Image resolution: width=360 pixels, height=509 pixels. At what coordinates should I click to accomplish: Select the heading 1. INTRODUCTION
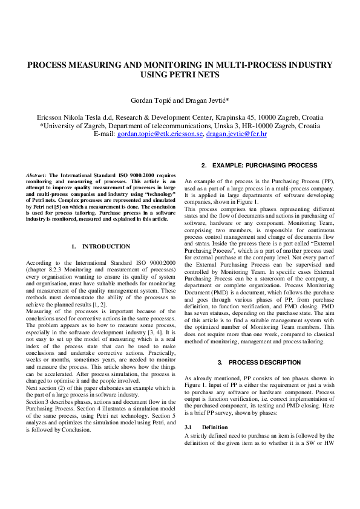tap(100, 247)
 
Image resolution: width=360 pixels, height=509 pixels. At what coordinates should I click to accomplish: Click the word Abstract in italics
tap(36, 175)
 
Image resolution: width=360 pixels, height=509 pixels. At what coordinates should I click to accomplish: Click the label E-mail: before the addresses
tap(105, 134)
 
